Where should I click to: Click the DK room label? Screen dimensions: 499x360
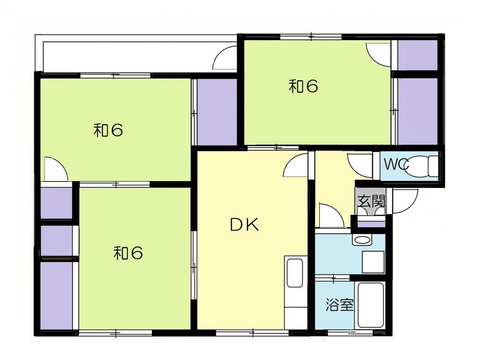point(244,225)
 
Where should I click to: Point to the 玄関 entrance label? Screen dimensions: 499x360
point(371,201)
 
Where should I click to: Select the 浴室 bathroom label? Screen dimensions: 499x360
point(339,305)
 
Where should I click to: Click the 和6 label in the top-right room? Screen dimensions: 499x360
point(303,86)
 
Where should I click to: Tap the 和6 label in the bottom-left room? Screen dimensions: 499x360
point(128,253)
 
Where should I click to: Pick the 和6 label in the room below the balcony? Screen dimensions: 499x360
point(108,130)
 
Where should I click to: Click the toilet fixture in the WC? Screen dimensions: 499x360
point(421,165)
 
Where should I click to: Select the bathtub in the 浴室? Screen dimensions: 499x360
point(371,305)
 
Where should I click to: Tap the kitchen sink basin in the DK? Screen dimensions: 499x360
point(294,273)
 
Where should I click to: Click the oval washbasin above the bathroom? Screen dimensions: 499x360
point(362,240)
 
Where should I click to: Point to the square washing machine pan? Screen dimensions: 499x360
point(373,262)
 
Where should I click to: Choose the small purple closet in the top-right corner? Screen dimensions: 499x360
point(417,55)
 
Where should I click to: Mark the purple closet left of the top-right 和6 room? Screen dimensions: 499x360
point(217,112)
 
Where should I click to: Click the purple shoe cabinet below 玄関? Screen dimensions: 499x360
point(371,224)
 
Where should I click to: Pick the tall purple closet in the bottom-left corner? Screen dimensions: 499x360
point(56,295)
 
